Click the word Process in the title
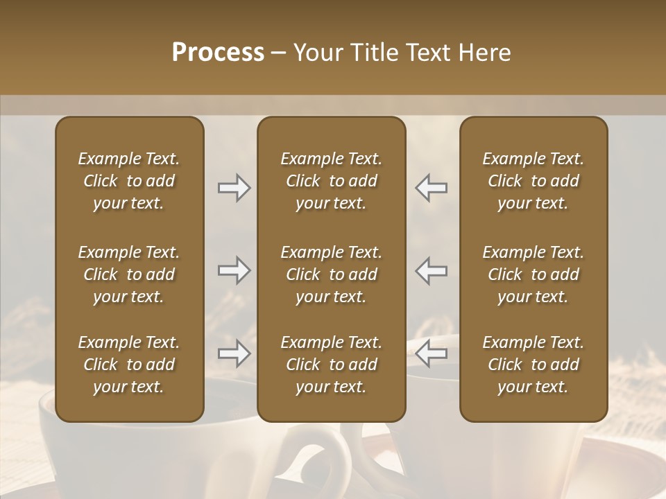click(x=218, y=53)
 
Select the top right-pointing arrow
click(x=234, y=188)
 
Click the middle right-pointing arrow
click(x=234, y=270)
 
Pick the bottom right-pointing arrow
click(x=234, y=353)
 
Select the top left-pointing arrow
click(x=432, y=188)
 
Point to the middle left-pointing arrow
click(x=432, y=270)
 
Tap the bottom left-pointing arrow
click(x=432, y=353)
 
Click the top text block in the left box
click(x=129, y=181)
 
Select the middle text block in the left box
click(x=129, y=274)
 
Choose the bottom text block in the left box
click(x=129, y=365)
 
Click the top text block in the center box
click(x=331, y=181)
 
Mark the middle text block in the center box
click(x=331, y=274)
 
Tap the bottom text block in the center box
click(x=331, y=365)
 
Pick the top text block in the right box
click(x=533, y=181)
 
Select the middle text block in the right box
click(x=533, y=274)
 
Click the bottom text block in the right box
click(x=533, y=365)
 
